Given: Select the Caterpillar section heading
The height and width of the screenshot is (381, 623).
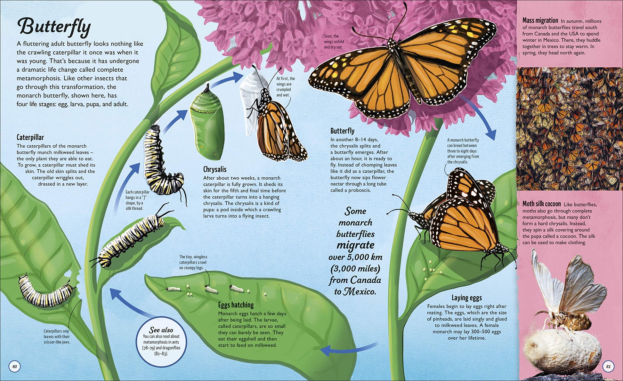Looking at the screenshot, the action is coord(30,137).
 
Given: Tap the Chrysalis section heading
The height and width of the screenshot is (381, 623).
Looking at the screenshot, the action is coord(215,169).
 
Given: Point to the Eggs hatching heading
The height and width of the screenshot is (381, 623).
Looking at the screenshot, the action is coord(236,305).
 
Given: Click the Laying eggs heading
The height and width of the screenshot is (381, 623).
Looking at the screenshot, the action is coord(467,298).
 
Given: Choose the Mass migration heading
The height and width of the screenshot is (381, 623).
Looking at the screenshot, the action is coord(540,20).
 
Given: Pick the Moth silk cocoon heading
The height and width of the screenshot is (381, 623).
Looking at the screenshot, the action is coord(542,204).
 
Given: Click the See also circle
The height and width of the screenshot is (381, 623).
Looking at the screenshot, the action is coord(162,342).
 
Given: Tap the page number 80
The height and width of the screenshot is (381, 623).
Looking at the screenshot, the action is coord(14,366).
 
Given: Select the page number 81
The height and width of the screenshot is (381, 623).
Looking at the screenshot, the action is coord(608,367).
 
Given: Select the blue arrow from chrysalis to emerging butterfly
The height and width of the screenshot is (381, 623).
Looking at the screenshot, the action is coord(227,79).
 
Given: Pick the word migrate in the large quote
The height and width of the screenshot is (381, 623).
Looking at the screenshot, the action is coord(355,245).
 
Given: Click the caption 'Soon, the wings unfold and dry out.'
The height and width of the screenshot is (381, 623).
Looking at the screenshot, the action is coord(334,42).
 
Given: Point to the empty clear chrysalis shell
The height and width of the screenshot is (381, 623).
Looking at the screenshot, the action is coord(250,96).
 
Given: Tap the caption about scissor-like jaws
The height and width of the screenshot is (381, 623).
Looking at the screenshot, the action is coord(57,336).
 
